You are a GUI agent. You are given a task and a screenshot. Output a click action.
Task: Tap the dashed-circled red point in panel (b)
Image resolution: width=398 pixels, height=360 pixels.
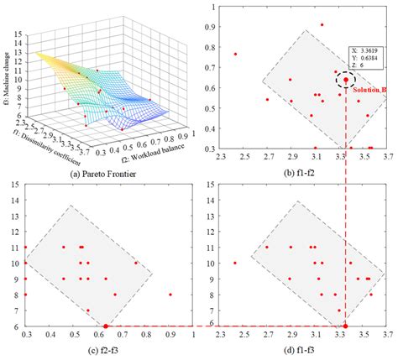coord(345,80)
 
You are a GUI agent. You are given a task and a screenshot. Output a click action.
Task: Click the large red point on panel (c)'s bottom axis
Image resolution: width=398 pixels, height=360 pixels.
coord(106,326)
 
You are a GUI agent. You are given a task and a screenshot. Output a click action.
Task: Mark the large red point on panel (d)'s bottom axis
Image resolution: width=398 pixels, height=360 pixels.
coord(345,326)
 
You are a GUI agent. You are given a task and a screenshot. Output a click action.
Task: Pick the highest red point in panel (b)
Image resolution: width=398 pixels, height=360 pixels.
coord(322,25)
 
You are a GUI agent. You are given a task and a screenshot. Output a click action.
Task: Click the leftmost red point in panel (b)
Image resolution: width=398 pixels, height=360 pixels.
coord(236,54)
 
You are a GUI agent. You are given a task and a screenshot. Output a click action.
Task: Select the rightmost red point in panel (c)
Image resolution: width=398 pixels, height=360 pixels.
coord(170,295)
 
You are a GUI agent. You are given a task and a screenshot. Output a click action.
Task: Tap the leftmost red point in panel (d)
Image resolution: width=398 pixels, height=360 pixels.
coord(236,263)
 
